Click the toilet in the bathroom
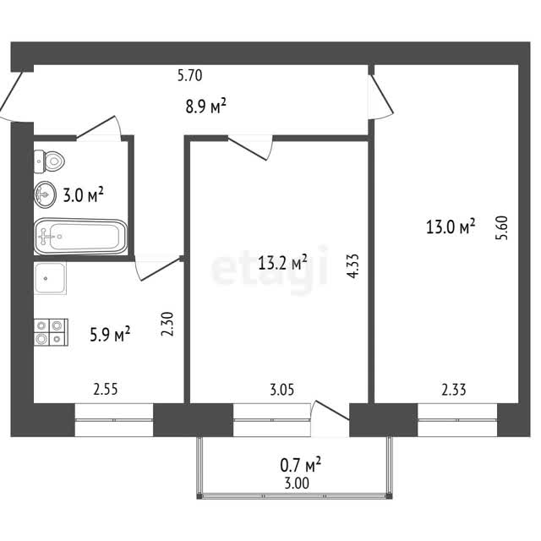(49, 161)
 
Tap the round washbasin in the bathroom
(45, 194)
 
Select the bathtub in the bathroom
(81, 237)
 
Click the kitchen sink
(50, 278)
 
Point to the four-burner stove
(51, 332)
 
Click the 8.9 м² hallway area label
(206, 106)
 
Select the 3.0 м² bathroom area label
(83, 194)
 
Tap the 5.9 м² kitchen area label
(110, 334)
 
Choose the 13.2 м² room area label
(282, 263)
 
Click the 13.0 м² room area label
(451, 227)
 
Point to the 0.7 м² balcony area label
(301, 464)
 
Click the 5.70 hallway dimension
(189, 75)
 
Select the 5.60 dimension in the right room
(501, 227)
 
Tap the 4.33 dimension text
(353, 266)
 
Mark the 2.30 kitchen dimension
(167, 324)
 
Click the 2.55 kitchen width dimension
(106, 389)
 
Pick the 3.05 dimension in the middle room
(281, 390)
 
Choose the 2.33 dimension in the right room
(454, 390)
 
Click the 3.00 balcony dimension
(297, 484)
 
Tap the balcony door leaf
(332, 411)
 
